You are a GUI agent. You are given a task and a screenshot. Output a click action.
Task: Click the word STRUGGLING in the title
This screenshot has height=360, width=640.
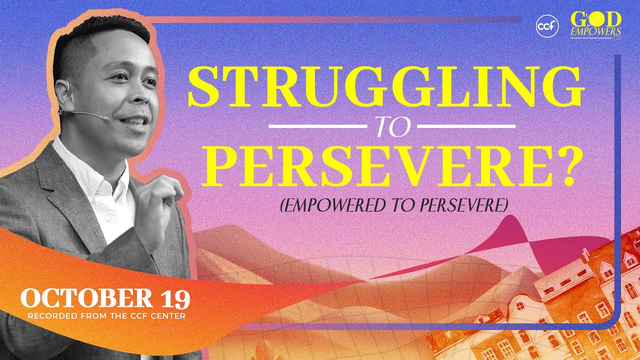click(385, 86)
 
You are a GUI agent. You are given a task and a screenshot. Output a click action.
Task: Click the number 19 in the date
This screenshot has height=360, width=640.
click(174, 299)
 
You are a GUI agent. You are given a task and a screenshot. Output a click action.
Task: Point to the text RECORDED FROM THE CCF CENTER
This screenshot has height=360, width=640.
click(106, 316)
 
